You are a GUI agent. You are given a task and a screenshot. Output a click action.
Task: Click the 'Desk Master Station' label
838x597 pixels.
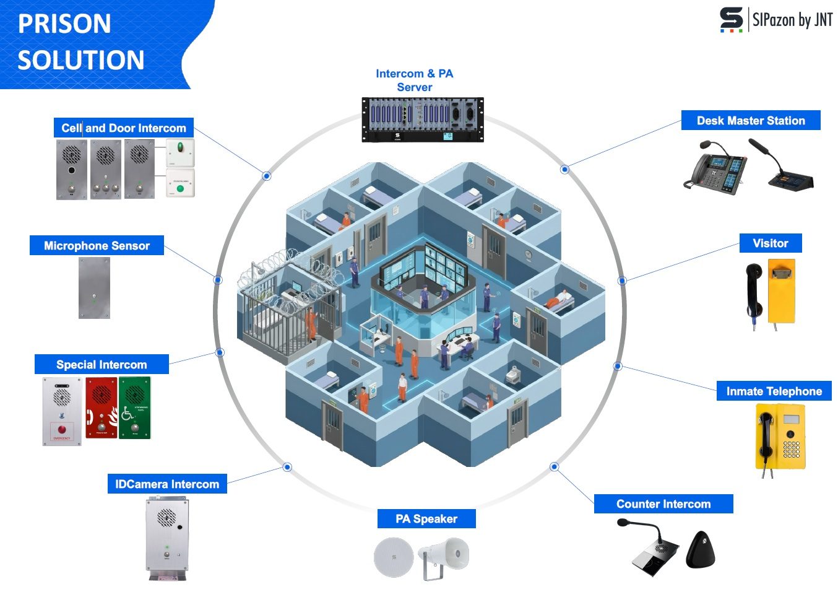pos(751,121)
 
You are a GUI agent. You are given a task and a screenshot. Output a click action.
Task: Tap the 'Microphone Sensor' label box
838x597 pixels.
pos(97,246)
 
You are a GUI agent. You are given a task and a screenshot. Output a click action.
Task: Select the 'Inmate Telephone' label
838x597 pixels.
pos(774,391)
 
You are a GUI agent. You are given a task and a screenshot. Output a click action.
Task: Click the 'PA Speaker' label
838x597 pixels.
pos(426,519)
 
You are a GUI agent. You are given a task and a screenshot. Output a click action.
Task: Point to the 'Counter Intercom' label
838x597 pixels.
pos(663,504)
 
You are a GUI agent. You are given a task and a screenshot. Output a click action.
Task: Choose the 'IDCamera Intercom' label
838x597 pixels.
pos(167,484)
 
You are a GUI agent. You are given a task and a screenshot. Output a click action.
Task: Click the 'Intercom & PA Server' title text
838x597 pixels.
pos(415,81)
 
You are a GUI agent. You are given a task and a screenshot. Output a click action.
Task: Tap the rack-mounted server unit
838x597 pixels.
pos(423,120)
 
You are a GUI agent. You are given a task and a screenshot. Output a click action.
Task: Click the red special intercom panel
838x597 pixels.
pos(102,407)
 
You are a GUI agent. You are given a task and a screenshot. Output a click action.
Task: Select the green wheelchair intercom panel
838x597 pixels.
pos(134,407)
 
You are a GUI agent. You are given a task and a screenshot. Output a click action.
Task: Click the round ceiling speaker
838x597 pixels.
pos(393,557)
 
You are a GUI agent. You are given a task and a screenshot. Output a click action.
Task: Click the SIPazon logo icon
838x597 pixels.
pos(731,19)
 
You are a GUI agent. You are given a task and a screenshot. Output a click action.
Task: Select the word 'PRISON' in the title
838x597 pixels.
pos(64,24)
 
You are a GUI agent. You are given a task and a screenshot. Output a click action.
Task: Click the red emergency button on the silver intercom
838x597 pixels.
pos(61,429)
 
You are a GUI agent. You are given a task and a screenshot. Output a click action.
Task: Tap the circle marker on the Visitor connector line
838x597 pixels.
pos(622,281)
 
